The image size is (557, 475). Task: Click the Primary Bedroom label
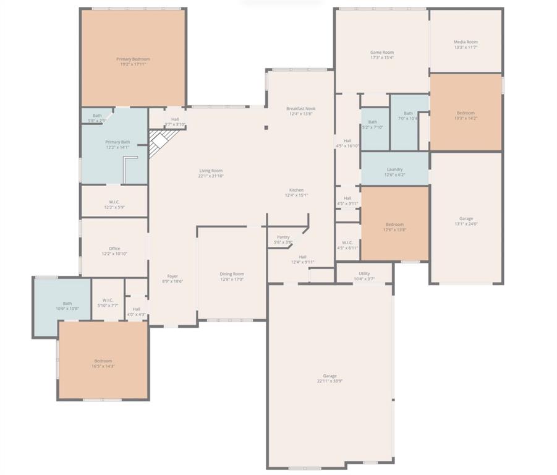click(133, 59)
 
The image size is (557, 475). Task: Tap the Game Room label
click(381, 53)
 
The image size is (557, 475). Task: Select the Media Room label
click(466, 42)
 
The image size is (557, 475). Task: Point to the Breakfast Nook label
click(300, 108)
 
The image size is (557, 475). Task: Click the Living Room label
click(210, 171)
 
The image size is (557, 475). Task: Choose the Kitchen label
click(296, 190)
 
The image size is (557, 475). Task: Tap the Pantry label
click(283, 237)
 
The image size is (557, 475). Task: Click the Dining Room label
click(232, 273)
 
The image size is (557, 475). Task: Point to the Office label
click(114, 249)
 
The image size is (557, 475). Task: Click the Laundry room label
click(394, 169)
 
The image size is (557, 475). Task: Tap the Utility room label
click(364, 273)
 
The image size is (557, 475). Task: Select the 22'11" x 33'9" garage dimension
click(330, 382)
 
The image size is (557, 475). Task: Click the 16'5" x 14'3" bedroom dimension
click(103, 366)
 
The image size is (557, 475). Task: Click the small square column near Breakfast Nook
click(266, 128)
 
